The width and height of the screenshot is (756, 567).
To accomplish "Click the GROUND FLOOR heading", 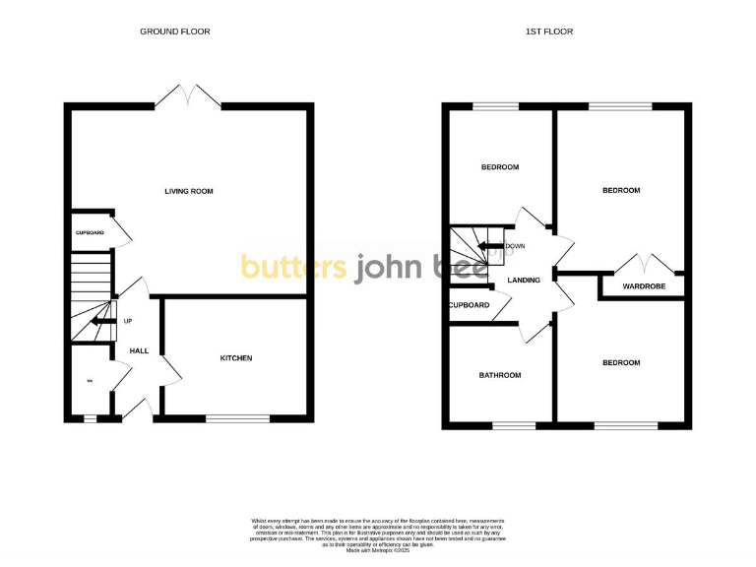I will [175, 31].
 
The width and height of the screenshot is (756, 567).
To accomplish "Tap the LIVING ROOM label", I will [189, 191].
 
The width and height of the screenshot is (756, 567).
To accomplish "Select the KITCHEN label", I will [236, 358].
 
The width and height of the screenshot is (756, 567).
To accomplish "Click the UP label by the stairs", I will [128, 321].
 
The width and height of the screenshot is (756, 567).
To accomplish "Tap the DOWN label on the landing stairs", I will [515, 246].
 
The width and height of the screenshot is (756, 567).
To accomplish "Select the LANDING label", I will [523, 281].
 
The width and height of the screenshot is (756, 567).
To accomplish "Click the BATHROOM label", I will [500, 375].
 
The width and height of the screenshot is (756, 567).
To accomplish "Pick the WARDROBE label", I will [644, 286].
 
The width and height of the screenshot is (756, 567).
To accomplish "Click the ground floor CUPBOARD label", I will [90, 232].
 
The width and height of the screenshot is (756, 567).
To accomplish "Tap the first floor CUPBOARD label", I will [469, 305].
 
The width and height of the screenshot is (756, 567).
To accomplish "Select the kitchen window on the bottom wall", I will [237, 418].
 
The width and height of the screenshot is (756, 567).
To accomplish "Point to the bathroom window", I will [514, 425].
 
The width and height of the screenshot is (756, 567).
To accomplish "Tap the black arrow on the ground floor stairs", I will [98, 320].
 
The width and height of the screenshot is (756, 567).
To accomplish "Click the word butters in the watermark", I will [294, 267].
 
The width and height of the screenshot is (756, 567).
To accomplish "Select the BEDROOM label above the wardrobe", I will [620, 190].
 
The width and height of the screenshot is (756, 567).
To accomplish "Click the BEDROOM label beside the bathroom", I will [620, 363].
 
